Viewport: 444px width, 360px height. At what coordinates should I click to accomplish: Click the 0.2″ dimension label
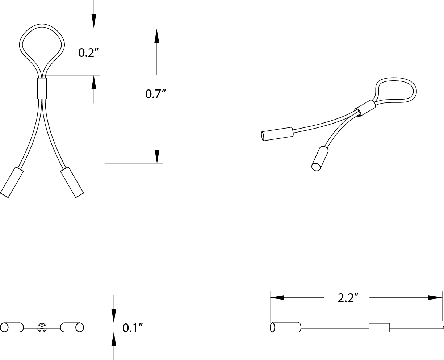tap(89, 53)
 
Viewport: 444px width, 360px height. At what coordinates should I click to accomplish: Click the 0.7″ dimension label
tap(155, 94)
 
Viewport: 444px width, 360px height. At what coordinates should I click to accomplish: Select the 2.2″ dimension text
tap(348, 298)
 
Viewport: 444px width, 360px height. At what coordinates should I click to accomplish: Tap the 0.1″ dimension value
tap(132, 328)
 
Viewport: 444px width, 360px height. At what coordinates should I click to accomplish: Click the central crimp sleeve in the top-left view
tap(42, 88)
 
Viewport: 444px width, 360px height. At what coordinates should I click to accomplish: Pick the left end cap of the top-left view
tap(12, 182)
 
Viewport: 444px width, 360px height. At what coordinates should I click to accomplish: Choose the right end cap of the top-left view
tap(72, 182)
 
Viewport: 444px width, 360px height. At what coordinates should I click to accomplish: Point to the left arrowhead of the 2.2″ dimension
tap(277, 297)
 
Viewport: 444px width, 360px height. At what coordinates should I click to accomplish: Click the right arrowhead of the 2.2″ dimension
tap(435, 297)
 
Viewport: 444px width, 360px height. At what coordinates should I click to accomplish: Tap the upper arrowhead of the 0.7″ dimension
tap(156, 35)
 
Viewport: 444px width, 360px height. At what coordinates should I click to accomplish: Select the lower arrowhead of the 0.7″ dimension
tap(156, 156)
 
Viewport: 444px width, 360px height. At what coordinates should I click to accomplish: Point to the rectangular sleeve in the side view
tap(379, 327)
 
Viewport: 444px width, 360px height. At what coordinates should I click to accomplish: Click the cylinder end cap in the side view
tap(285, 327)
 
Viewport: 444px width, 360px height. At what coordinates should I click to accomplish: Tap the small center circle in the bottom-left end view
tap(42, 327)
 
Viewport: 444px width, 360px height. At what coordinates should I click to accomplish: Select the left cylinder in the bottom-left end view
tap(12, 327)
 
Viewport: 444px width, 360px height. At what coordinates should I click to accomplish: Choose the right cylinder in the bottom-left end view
tap(72, 327)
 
